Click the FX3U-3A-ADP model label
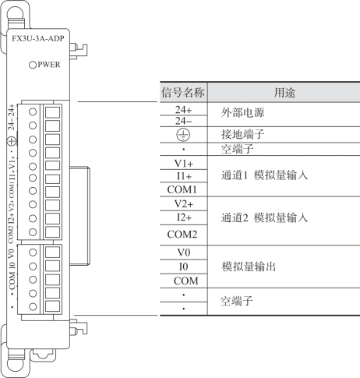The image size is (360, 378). [x=38, y=39]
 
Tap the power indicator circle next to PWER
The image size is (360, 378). [x=33, y=65]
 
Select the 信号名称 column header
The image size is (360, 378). [x=183, y=93]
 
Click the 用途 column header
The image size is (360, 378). [x=284, y=93]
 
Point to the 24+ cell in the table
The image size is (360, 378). [x=184, y=110]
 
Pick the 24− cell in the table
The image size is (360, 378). [x=184, y=121]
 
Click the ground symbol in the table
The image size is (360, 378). [x=183, y=135]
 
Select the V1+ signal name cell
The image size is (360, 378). [x=184, y=164]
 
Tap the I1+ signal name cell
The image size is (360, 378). [x=184, y=176]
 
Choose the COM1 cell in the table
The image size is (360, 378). [x=182, y=189]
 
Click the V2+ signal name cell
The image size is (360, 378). [x=184, y=204]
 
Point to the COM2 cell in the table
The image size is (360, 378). [x=182, y=235]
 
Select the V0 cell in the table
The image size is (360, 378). [x=184, y=253]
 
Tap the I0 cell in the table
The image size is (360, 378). [x=183, y=267]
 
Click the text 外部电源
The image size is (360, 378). [x=243, y=113]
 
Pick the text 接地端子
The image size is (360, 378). [x=243, y=134]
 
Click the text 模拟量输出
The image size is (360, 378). [x=249, y=267]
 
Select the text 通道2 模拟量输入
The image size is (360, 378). [x=264, y=217]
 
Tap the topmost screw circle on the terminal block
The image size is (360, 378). [x=33, y=112]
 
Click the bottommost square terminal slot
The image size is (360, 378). [x=52, y=306]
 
